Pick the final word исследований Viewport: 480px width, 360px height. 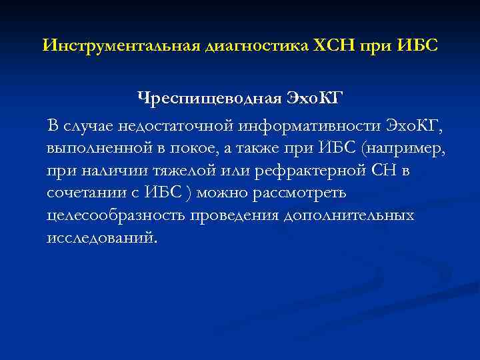pyautogui.click(x=103, y=238)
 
